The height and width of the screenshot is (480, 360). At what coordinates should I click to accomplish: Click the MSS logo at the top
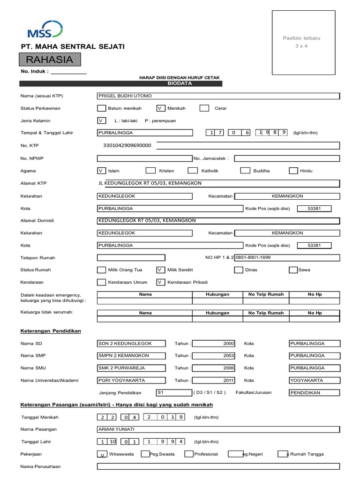tap(45, 29)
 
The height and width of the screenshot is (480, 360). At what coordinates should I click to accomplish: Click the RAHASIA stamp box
tap(50, 60)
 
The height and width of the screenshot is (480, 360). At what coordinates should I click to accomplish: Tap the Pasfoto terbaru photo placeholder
tap(301, 42)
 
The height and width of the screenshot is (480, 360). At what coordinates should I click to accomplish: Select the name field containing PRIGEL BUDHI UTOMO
tap(217, 96)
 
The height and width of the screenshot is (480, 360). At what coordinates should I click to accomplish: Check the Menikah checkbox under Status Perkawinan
tap(161, 108)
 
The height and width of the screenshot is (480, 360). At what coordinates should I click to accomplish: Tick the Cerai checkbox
tap(204, 108)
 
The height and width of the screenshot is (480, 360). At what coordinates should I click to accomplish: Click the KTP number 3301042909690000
tap(127, 145)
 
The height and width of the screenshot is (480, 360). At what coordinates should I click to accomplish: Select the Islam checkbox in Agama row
tap(101, 171)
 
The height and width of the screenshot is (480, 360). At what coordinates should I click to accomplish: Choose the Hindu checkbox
tap(293, 171)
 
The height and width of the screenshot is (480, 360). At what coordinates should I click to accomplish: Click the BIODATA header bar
tap(173, 83)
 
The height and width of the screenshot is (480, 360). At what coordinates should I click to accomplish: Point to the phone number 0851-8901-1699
tap(253, 257)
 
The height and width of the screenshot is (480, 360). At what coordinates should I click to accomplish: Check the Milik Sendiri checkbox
tap(161, 270)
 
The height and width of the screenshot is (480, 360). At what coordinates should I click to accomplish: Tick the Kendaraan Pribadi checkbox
tap(161, 282)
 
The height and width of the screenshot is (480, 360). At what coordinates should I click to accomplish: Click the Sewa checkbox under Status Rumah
tap(293, 270)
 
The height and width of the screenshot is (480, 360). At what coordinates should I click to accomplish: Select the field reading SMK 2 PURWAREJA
tap(131, 368)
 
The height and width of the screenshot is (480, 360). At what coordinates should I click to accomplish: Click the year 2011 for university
tap(213, 380)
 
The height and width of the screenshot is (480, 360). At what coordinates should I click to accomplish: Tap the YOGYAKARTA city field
tap(315, 380)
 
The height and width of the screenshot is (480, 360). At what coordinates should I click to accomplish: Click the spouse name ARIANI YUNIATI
tap(217, 429)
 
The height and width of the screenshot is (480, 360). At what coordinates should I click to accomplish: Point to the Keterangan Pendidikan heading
tap(51, 331)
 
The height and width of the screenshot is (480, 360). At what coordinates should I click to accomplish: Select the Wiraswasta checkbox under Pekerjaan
tap(102, 454)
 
